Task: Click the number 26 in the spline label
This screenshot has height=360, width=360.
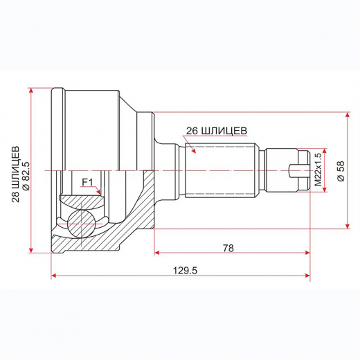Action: (192, 129)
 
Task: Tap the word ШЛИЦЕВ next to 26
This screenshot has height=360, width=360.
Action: (224, 129)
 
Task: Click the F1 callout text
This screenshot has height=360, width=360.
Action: (87, 182)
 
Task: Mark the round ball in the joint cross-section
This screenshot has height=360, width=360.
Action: (80, 224)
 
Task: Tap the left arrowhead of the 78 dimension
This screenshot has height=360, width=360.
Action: (156, 253)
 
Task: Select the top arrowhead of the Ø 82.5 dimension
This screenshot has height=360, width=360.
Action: (32, 91)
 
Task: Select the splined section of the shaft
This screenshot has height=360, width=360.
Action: (222, 170)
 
